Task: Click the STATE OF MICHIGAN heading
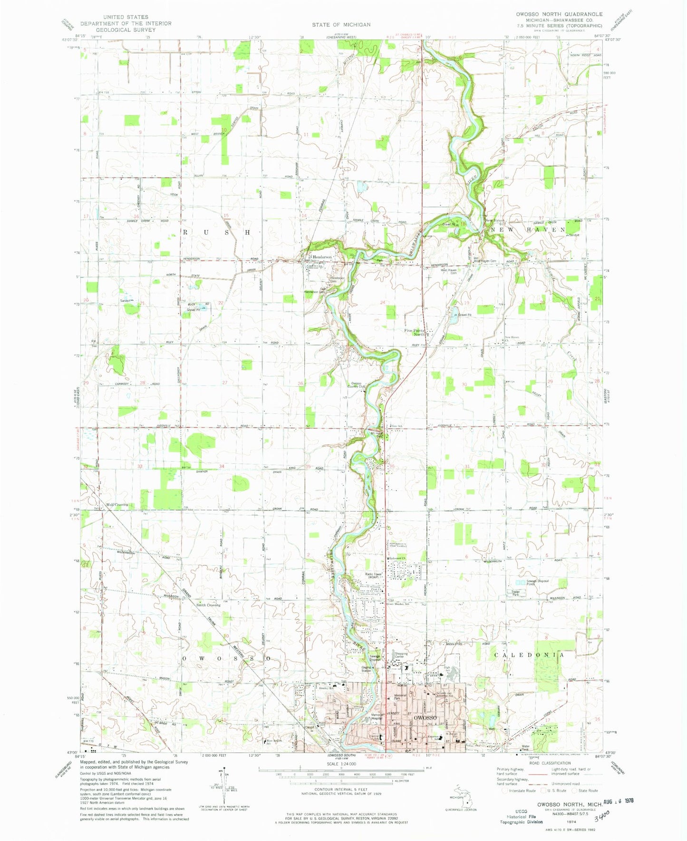point(341,24)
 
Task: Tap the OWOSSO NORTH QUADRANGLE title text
point(560,14)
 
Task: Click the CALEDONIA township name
point(529,655)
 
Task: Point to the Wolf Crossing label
point(117,505)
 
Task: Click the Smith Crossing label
point(208,605)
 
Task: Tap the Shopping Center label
point(398,655)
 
